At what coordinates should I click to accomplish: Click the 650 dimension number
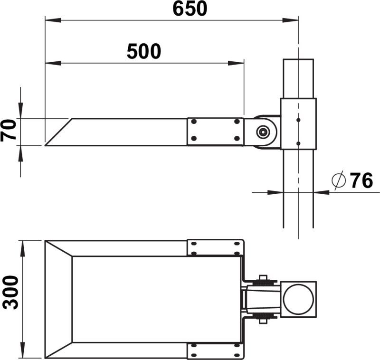tap(190, 9)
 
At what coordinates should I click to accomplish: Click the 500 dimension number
tap(144, 51)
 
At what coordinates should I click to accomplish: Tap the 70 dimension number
tap(9, 130)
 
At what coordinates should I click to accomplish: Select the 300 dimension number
tap(10, 293)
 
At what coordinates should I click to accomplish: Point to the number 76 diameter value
tap(361, 180)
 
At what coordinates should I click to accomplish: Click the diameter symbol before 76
tap(338, 180)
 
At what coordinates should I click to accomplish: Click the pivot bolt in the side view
tap(263, 132)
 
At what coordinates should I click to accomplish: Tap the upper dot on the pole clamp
tap(298, 120)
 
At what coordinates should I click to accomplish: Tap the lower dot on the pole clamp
tap(298, 143)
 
